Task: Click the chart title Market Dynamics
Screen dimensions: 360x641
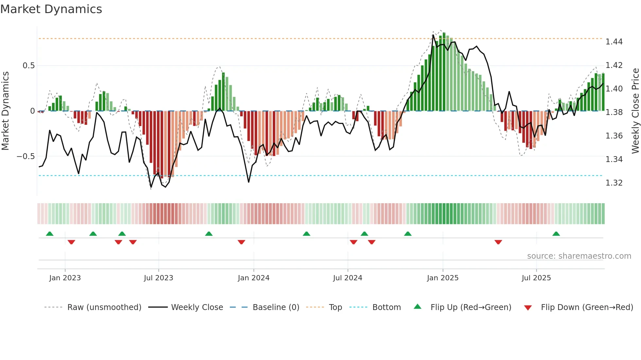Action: (51, 9)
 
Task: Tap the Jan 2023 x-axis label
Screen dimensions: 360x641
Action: (65, 278)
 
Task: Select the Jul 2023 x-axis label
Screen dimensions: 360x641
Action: (158, 278)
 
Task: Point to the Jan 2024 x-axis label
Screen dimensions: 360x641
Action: (253, 278)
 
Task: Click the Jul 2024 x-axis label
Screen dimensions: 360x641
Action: (347, 278)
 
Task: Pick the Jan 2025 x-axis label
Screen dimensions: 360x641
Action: (442, 278)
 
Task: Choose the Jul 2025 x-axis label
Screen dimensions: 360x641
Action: (536, 278)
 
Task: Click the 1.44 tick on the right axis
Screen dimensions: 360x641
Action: (614, 42)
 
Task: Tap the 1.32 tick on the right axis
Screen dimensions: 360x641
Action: (614, 183)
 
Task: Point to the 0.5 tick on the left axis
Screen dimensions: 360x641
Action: (28, 66)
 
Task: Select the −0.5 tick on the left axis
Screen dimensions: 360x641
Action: (26, 156)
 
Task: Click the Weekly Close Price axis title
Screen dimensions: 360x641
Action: (635, 111)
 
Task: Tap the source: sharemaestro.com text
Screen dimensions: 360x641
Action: (579, 256)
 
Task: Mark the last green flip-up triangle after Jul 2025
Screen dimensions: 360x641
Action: (556, 234)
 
